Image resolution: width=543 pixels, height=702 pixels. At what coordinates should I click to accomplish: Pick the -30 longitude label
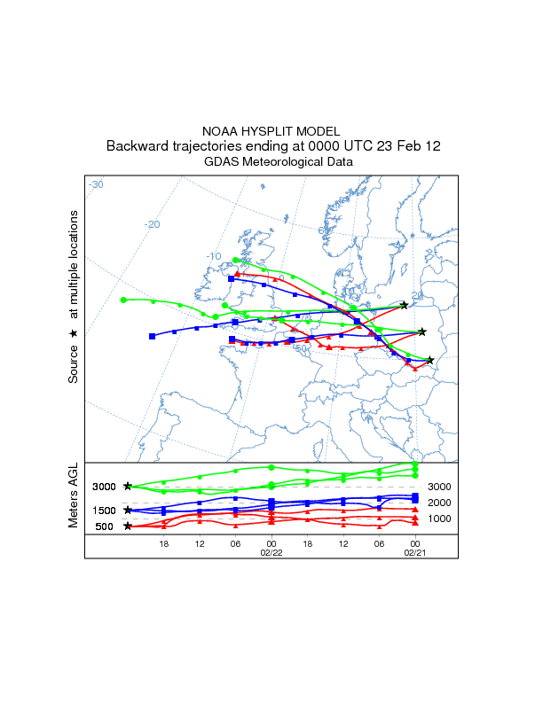click(96, 184)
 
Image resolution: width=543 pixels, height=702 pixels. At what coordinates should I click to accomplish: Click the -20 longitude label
click(152, 224)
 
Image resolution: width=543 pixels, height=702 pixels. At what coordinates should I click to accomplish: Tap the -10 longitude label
click(213, 256)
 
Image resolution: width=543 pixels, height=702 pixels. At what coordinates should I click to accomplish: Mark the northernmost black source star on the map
click(405, 305)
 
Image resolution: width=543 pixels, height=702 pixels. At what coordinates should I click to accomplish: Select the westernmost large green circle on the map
click(124, 300)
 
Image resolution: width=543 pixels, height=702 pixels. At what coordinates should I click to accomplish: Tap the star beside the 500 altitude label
click(128, 526)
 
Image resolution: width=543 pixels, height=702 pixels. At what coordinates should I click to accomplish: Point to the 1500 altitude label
click(105, 511)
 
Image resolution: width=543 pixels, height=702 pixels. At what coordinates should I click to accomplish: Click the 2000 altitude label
click(440, 503)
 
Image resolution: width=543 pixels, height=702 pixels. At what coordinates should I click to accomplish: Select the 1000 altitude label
click(440, 519)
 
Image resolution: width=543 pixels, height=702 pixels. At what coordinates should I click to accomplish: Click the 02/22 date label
click(271, 551)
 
